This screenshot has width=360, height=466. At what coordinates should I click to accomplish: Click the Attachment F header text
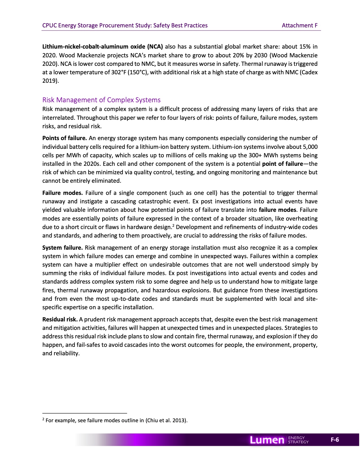(300, 25)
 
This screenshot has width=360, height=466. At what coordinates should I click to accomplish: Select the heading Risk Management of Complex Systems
(101, 100)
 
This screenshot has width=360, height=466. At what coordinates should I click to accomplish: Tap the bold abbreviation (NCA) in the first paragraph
(155, 47)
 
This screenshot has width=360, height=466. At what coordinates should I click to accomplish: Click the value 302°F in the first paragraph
(119, 72)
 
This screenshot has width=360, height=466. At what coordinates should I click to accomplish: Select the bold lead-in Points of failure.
(64, 138)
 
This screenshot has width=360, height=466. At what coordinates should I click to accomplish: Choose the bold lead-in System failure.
(62, 248)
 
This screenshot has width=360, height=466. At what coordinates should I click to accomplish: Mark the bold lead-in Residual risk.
(60, 319)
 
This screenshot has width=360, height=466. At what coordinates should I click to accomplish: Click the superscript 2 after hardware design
(173, 225)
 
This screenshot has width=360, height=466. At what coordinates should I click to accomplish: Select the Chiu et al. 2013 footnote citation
(166, 420)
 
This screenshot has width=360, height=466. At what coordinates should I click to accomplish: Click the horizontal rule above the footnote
(84, 413)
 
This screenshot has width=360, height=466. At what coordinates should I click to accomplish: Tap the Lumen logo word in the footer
(267, 440)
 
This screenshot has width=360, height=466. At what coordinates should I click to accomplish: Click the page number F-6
(335, 440)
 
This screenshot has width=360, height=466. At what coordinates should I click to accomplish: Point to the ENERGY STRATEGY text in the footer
(298, 440)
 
